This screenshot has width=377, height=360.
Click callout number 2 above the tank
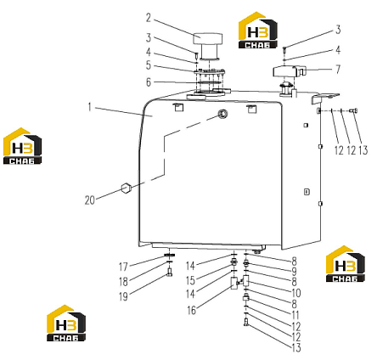click(149, 18)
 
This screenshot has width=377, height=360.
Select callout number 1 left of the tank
click(90, 108)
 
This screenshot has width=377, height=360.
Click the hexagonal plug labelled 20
click(126, 188)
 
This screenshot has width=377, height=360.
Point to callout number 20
click(90, 200)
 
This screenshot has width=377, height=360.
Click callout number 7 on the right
click(338, 69)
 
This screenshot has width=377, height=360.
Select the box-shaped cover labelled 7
click(290, 71)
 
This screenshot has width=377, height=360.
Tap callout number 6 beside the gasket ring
click(149, 82)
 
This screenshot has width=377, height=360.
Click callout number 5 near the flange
click(149, 65)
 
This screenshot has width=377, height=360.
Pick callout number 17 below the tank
click(123, 267)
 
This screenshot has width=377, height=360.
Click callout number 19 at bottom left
click(123, 296)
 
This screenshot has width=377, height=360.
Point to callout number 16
click(191, 310)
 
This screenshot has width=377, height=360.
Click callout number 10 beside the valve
click(295, 293)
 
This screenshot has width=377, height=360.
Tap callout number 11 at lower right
click(295, 315)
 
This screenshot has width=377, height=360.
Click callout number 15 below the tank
click(190, 280)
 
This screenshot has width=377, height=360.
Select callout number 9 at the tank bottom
click(294, 272)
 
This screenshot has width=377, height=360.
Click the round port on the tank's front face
click(222, 114)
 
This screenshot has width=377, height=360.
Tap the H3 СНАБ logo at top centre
click(258, 30)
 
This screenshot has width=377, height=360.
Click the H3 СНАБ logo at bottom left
click(66, 323)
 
